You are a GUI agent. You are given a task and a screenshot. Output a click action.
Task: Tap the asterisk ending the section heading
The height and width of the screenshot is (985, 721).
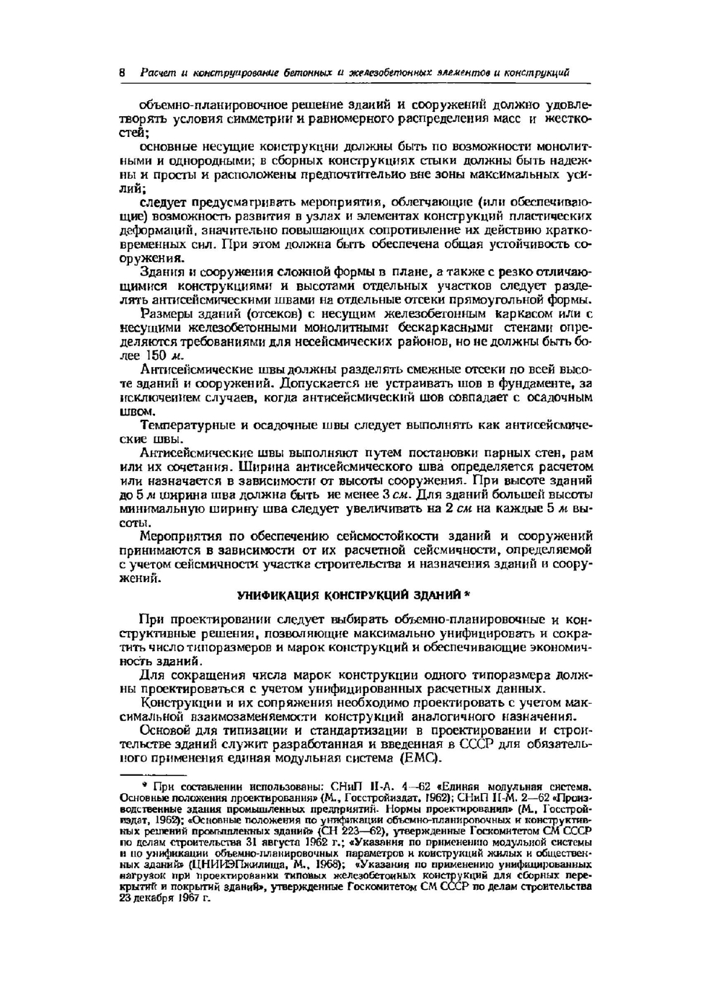point(466,595)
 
